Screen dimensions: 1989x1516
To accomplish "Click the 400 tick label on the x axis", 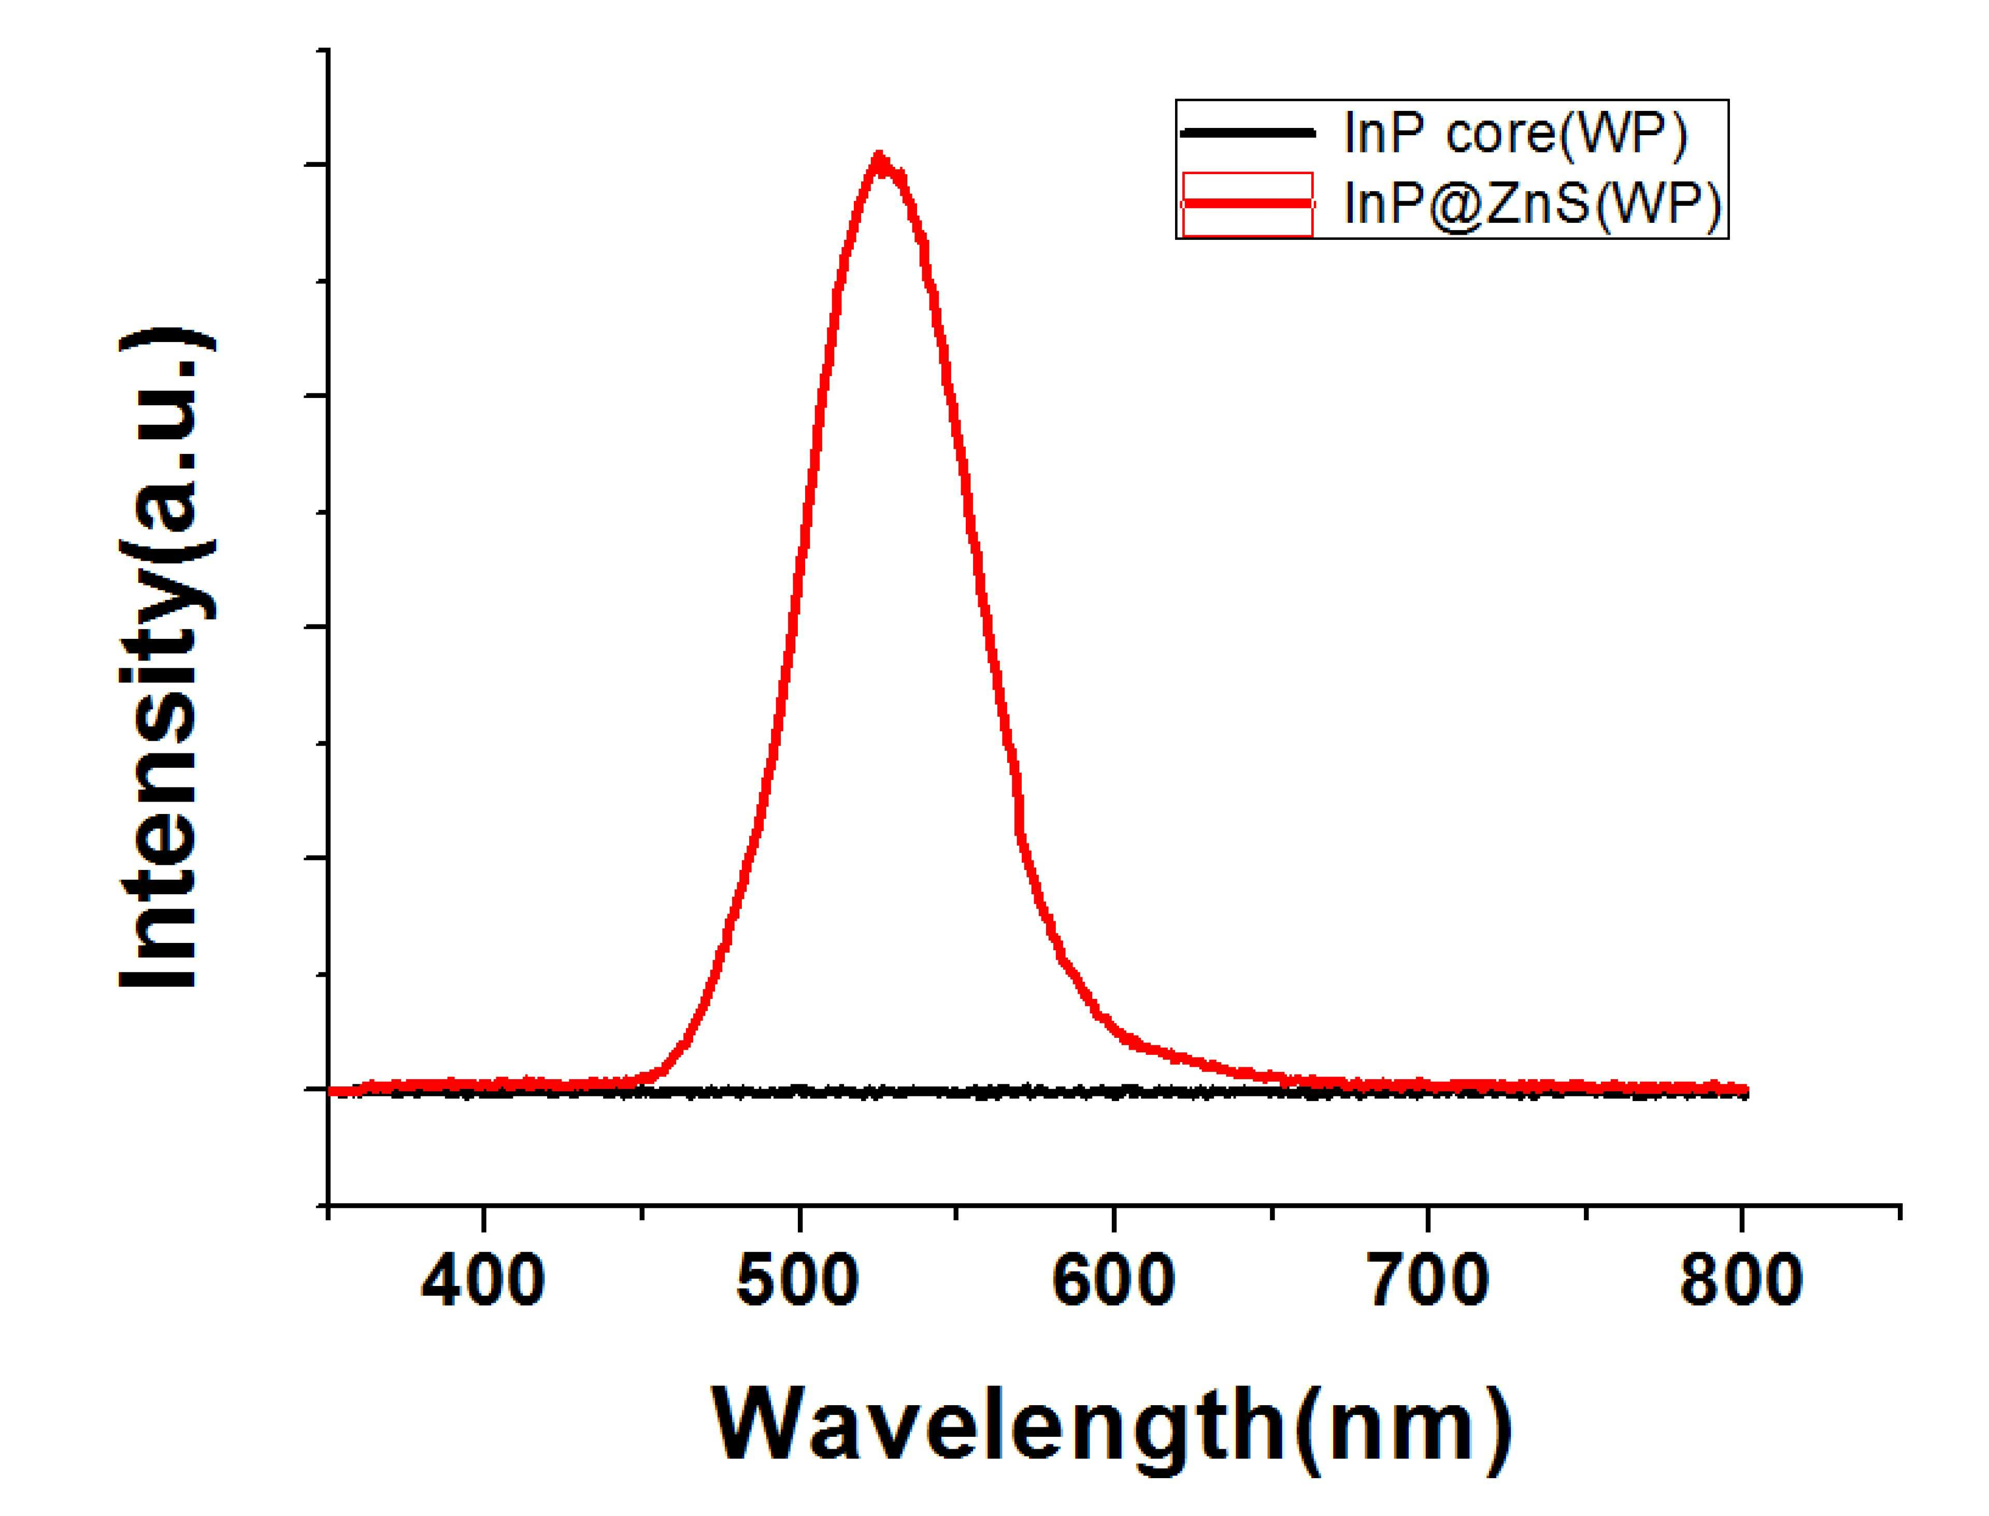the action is (x=484, y=1281).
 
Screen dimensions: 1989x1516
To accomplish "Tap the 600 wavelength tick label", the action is (x=1113, y=1281).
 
